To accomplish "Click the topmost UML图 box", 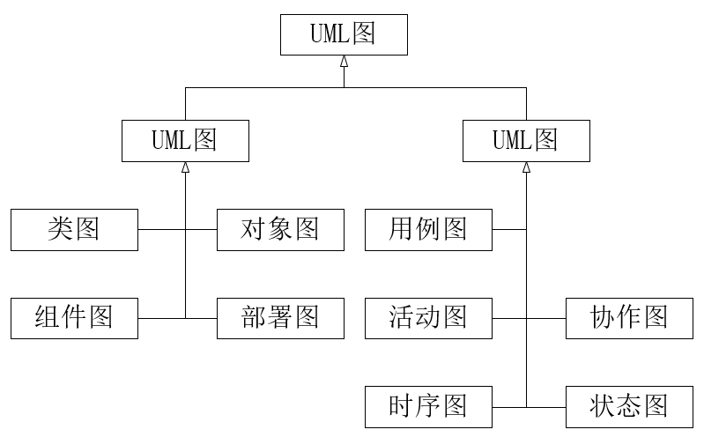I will (344, 35).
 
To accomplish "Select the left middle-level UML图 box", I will (185, 141).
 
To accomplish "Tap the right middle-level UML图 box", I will (526, 141).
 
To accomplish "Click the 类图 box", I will (74, 230).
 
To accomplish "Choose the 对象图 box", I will (280, 230).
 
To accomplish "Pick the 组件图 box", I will (74, 317).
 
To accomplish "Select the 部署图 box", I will (280, 317).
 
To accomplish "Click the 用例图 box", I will (428, 230).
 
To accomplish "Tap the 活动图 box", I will (428, 317).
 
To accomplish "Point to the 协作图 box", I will (629, 317).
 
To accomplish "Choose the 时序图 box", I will (428, 407).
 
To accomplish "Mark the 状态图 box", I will (629, 407).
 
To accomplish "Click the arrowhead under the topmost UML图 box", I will (344, 62).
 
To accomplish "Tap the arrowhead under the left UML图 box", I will (185, 167).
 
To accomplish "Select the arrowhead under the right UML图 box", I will (526, 167).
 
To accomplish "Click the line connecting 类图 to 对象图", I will (163, 230).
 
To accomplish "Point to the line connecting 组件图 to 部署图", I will (163, 317).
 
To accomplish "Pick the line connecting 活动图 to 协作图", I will (546, 317).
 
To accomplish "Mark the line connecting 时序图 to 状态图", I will (546, 407).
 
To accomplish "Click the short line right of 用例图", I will (508, 230).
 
